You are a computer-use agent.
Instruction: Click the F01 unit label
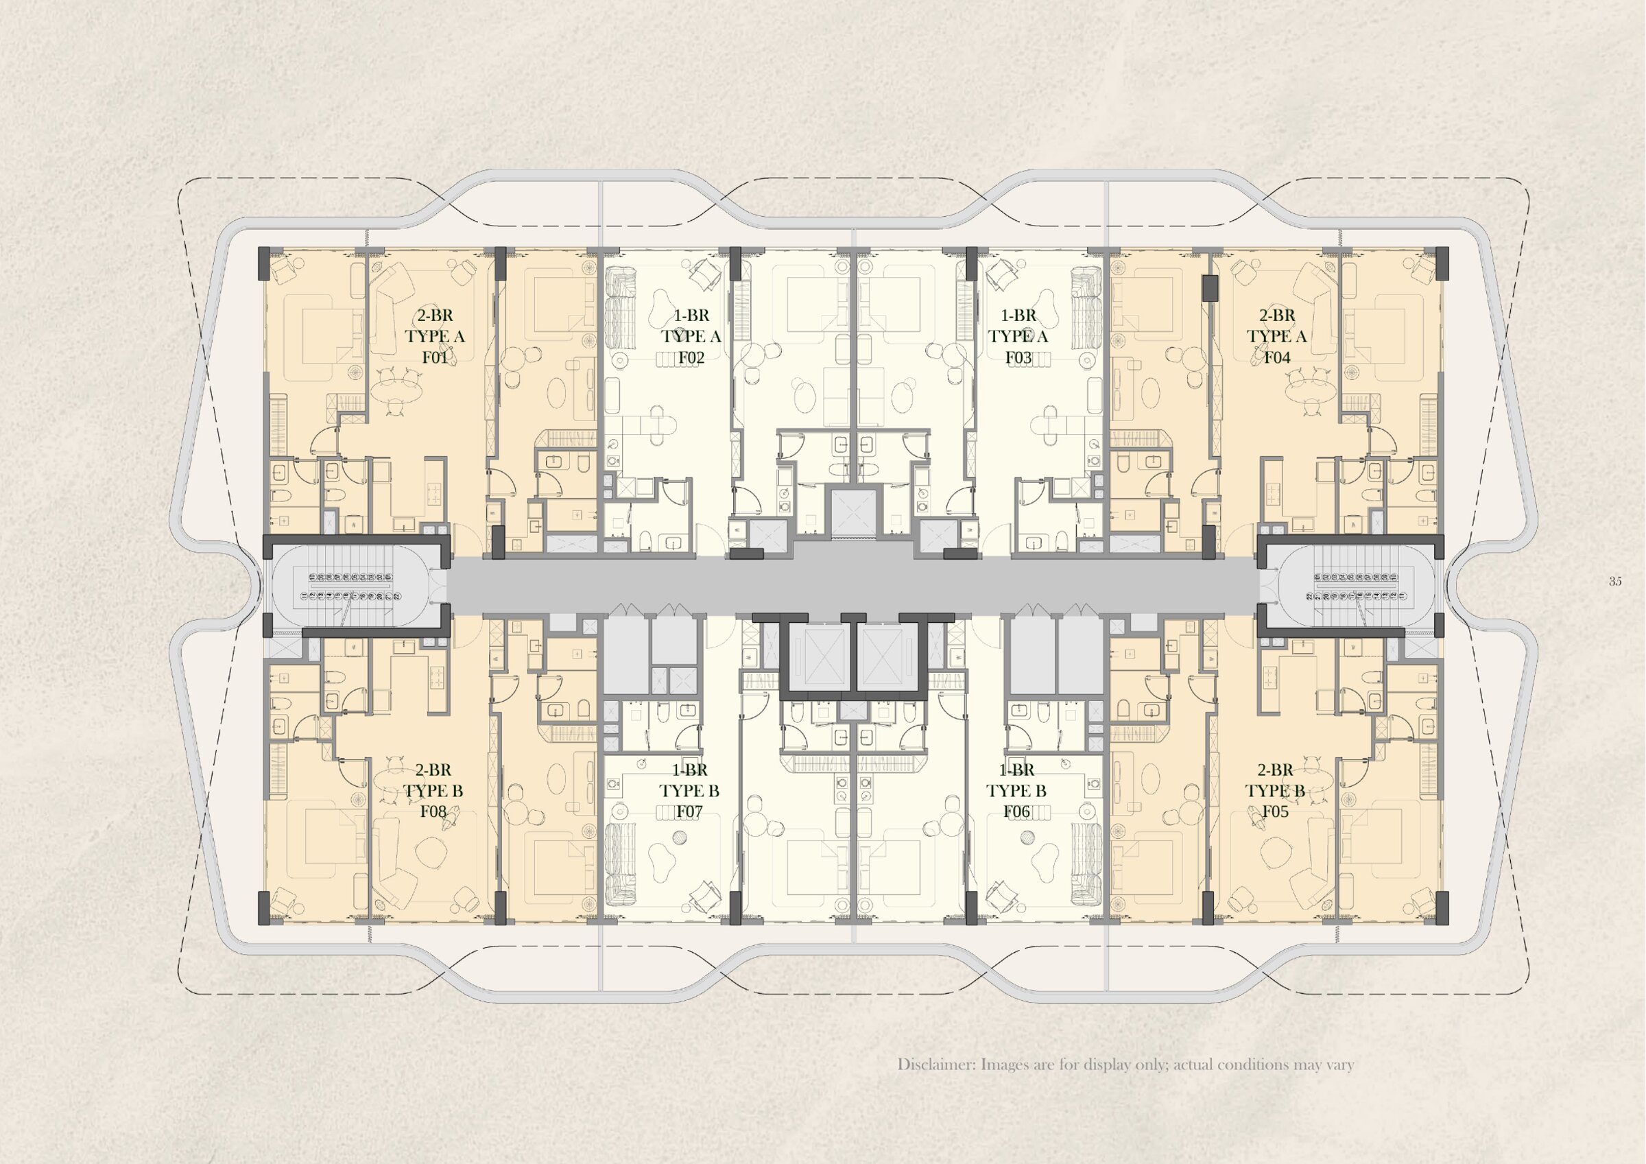click(x=434, y=357)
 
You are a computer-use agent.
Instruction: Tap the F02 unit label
click(x=691, y=357)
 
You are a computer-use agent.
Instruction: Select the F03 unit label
click(x=1018, y=357)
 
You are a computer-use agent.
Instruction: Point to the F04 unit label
click(x=1277, y=357)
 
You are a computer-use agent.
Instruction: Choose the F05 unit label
click(x=1276, y=811)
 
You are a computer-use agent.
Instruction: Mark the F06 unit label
click(x=1016, y=811)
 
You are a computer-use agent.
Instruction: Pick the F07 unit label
click(x=689, y=811)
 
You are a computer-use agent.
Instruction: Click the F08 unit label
click(x=433, y=811)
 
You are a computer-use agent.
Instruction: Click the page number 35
click(x=1614, y=582)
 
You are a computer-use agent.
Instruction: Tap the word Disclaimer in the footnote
click(x=935, y=1065)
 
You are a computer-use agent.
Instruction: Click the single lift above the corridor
click(x=854, y=513)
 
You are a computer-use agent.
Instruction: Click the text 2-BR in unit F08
click(x=433, y=770)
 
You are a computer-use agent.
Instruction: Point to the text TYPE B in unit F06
click(x=1016, y=790)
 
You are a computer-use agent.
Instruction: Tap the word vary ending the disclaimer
click(x=1339, y=1065)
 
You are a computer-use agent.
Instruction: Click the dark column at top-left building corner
click(x=264, y=263)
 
